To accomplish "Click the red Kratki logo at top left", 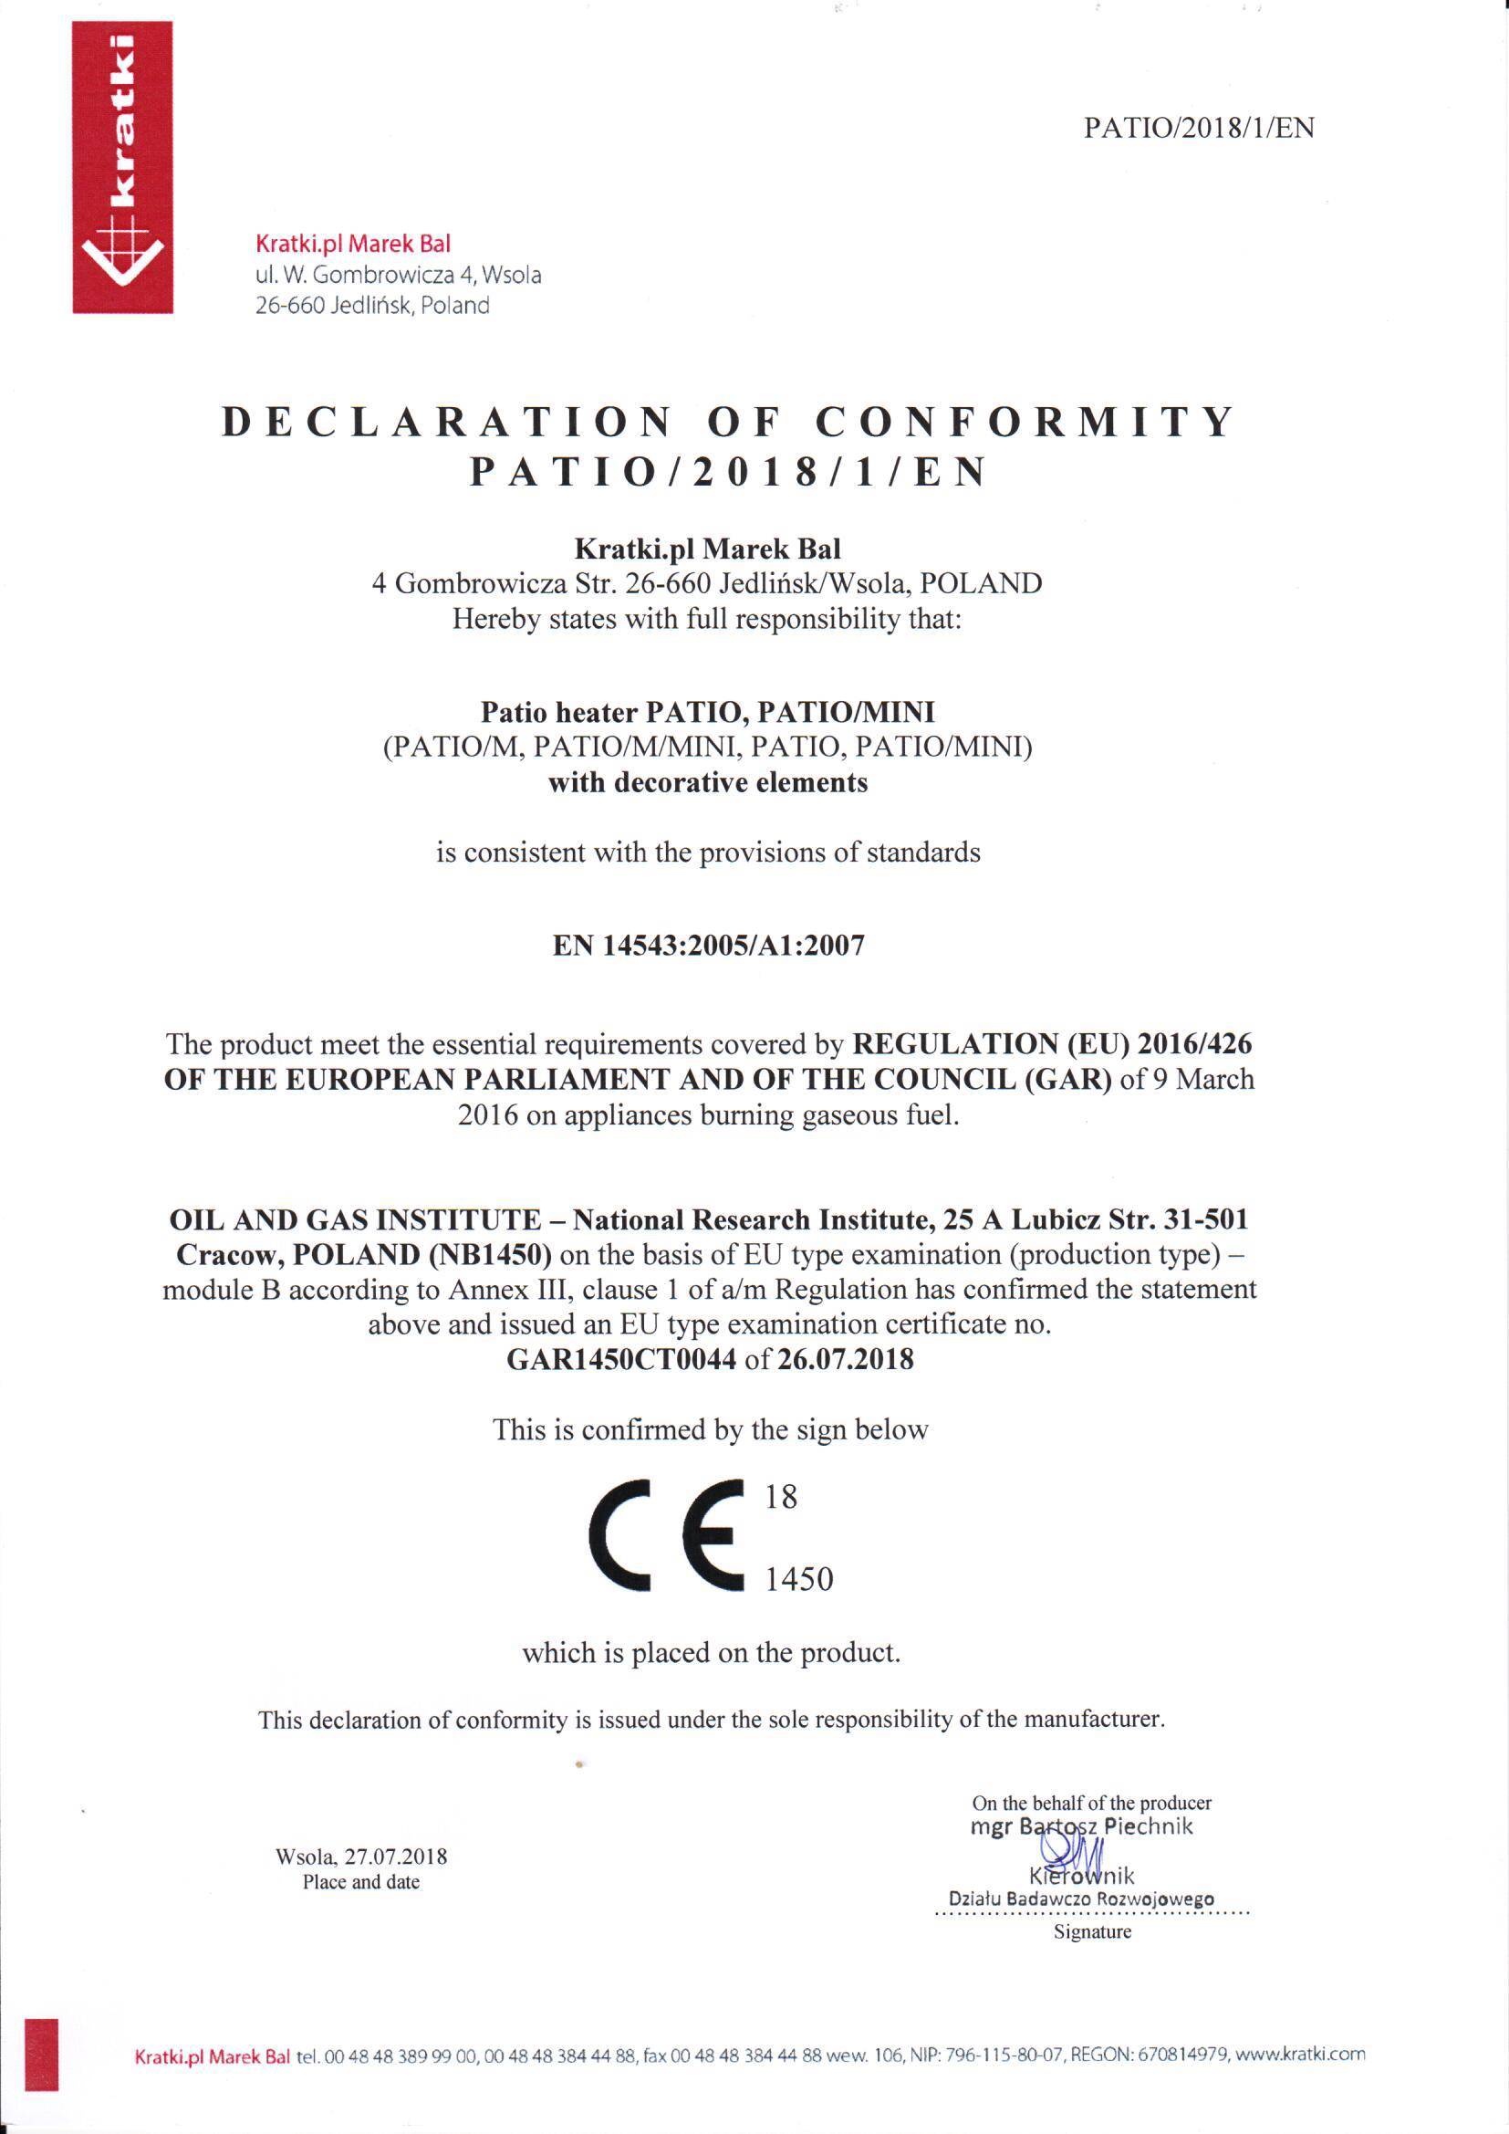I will pos(122,167).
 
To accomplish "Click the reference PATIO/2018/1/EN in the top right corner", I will pos(1199,129).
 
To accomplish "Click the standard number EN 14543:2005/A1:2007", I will pos(708,947).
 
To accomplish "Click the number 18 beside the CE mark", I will pos(781,1496).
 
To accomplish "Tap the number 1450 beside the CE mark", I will pos(799,1579).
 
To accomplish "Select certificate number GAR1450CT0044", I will pos(620,1360).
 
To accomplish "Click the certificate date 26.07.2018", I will pos(846,1360).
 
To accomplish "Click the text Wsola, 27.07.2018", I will pos(361,1857).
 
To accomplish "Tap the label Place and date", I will pos(361,1882).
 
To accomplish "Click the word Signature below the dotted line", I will pos(1092,1931).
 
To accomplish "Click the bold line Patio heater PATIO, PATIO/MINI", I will pos(707,712).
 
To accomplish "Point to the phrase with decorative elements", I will pos(707,782).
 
